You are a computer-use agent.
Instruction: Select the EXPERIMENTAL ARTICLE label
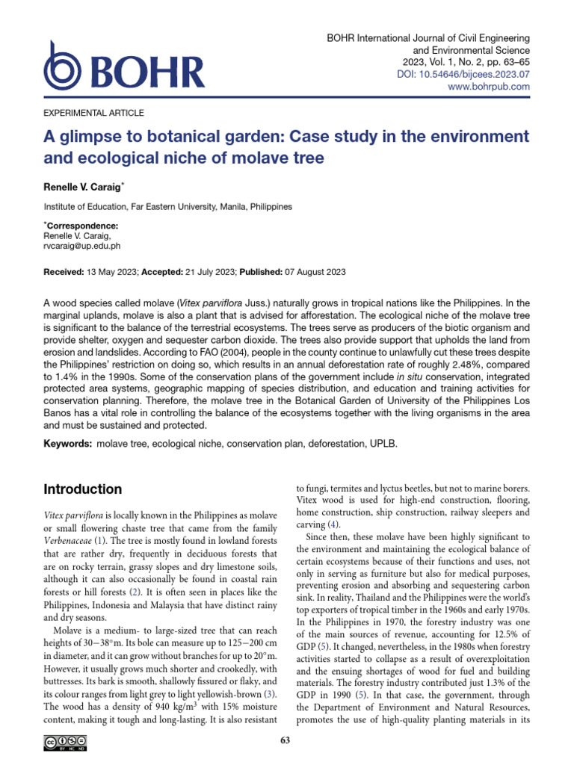click(94, 113)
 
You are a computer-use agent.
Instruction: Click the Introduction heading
click(82, 490)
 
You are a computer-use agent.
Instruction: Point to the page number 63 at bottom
click(284, 740)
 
